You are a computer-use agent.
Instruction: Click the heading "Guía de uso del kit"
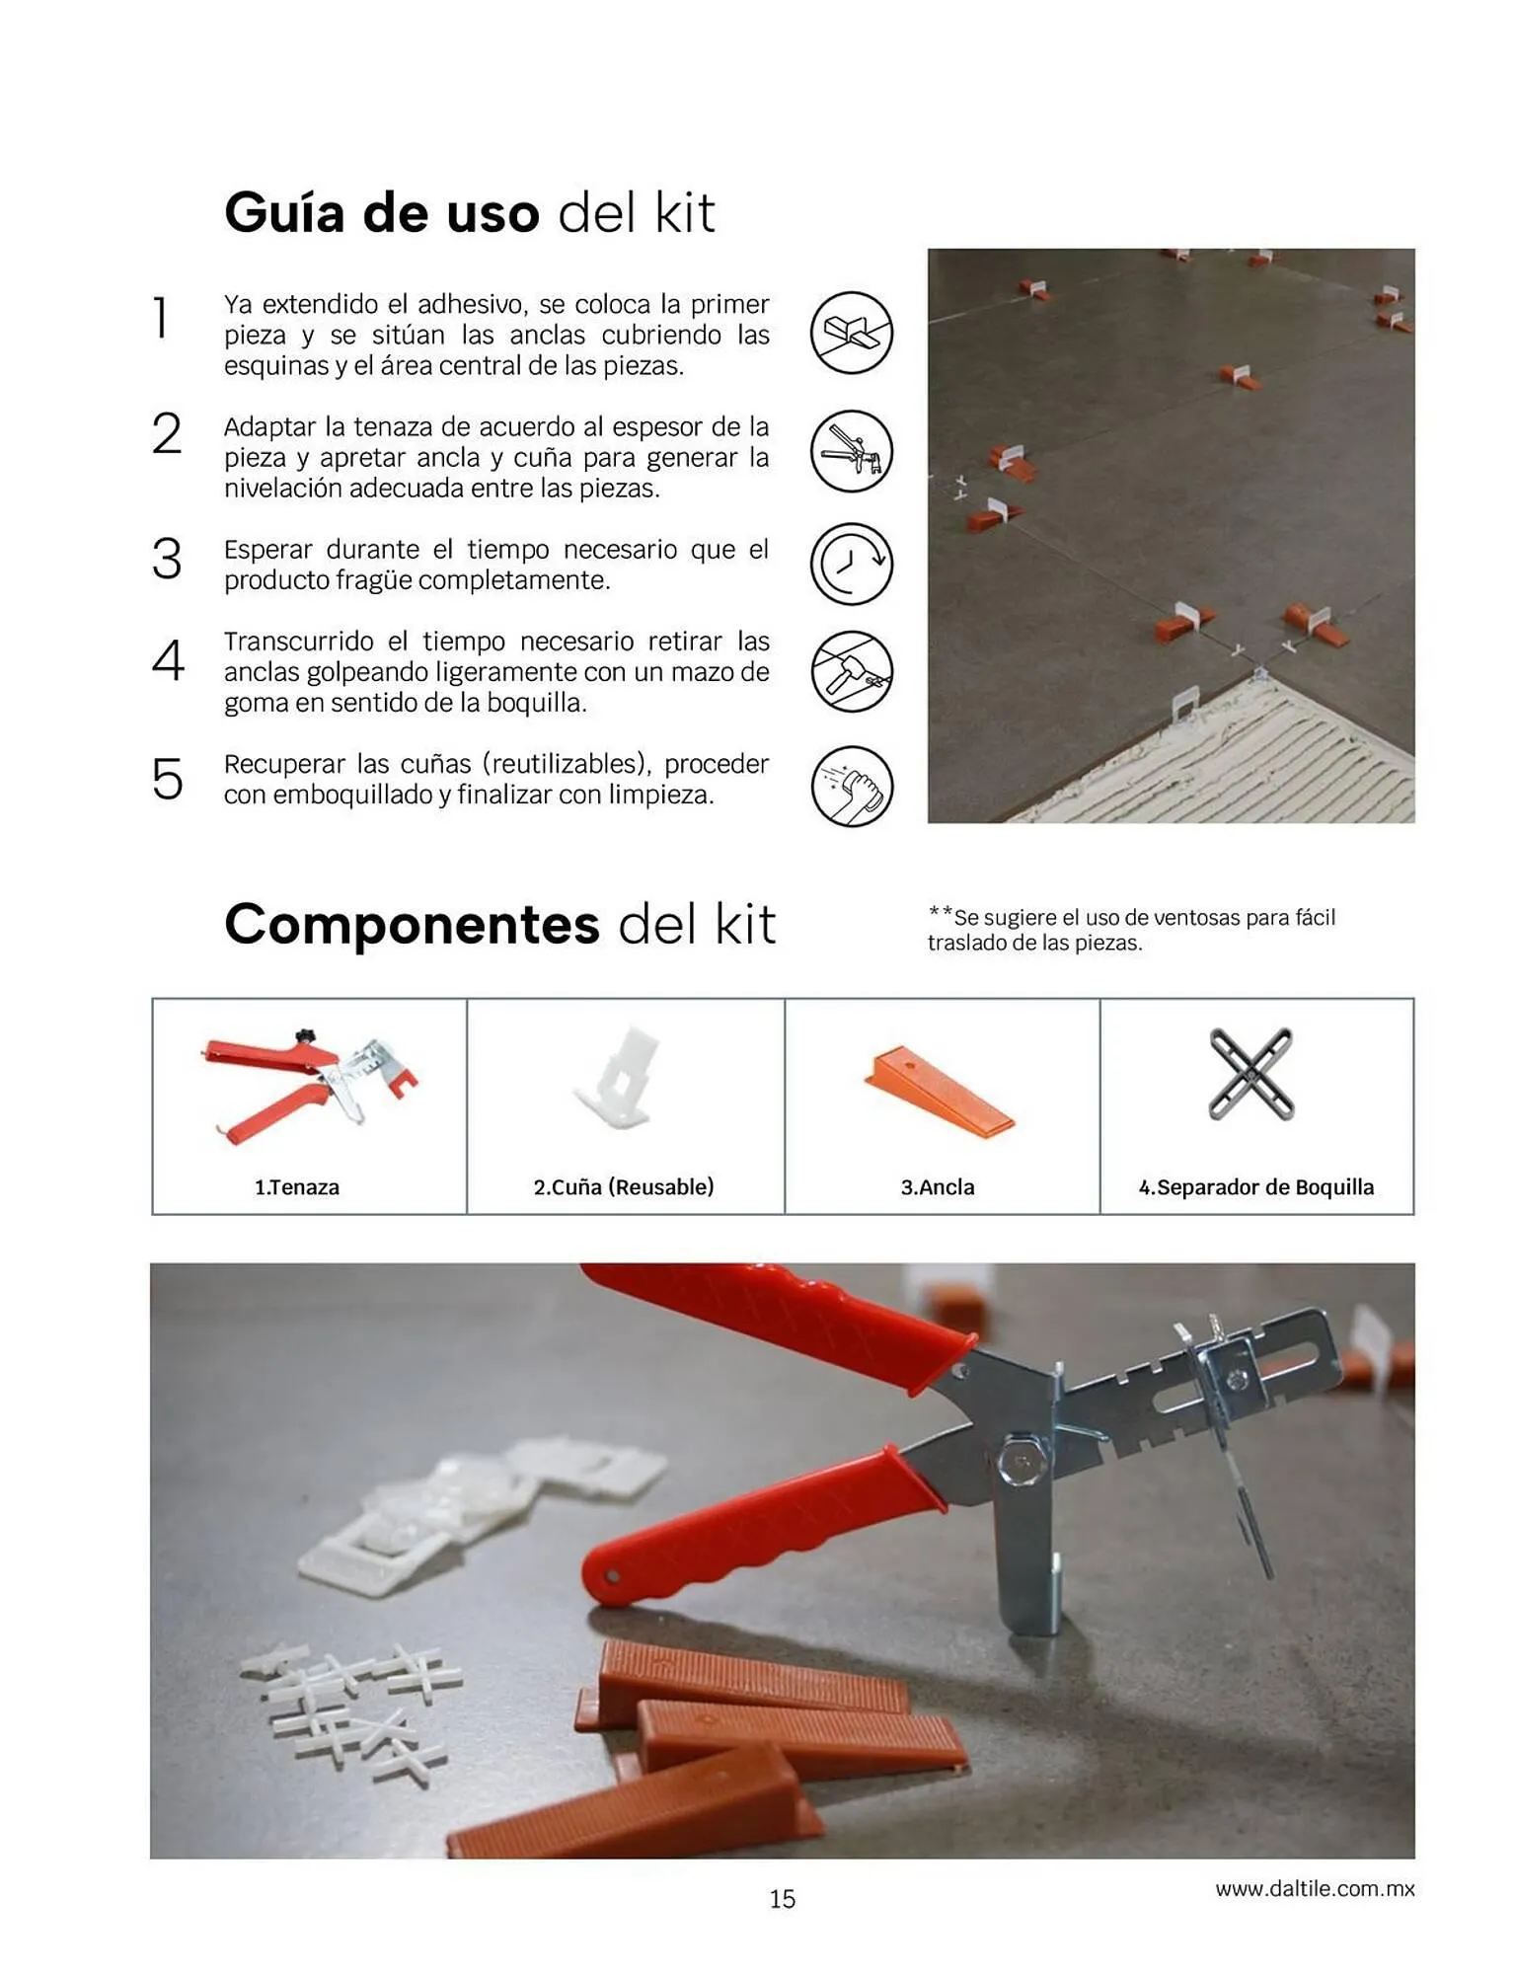469,212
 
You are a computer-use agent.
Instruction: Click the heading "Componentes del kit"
499,924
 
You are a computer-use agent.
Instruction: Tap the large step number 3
167,559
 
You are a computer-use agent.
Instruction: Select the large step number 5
167,780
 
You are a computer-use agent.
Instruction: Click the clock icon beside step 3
851,564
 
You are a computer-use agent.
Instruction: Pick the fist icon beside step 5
851,786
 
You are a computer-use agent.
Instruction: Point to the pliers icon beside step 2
851,451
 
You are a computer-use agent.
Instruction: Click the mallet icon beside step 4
851,672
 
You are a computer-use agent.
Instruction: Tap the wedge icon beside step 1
851,333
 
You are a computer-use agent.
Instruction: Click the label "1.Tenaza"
297,1187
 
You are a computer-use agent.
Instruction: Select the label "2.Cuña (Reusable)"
624,1187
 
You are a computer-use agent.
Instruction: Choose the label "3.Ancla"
938,1187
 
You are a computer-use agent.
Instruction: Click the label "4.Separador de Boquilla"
1256,1187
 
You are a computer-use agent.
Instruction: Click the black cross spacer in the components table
1251,1075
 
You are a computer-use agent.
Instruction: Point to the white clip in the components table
619,1078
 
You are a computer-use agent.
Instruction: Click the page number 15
783,1899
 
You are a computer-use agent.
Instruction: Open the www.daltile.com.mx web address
1315,1889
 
